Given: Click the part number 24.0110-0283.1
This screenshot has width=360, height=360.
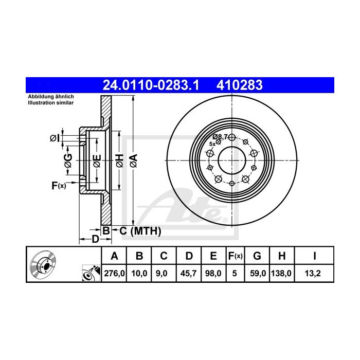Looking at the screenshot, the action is click(x=151, y=85).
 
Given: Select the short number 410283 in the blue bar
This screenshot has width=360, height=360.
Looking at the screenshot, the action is click(x=240, y=85).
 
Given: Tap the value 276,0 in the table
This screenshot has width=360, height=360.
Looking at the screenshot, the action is click(x=114, y=274).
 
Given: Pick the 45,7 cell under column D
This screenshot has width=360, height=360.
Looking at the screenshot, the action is click(x=189, y=274).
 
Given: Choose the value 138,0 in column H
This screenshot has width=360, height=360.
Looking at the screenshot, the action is click(x=281, y=274).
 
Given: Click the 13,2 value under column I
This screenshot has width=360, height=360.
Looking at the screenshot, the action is click(x=313, y=274).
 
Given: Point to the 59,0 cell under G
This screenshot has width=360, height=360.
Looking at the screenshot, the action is click(x=257, y=274).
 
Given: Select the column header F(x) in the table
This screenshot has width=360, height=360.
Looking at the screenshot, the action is click(x=236, y=256).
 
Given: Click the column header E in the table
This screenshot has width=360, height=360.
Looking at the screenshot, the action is click(x=213, y=256).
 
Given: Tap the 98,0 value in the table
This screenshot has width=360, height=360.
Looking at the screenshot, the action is click(x=213, y=274).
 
